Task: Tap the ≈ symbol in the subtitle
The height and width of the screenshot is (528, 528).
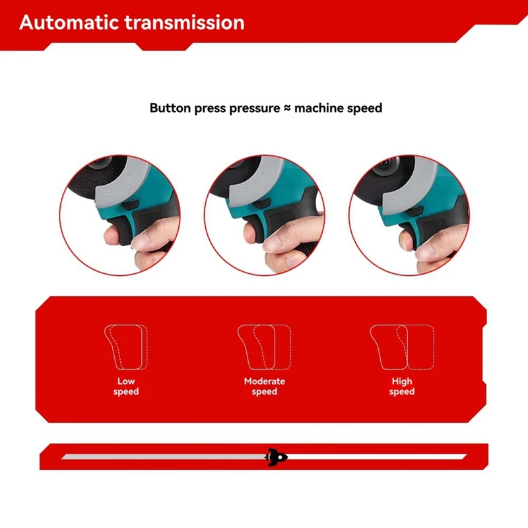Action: [x=286, y=108]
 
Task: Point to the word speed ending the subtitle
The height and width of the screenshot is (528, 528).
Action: [x=364, y=108]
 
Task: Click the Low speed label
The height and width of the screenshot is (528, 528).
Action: [x=126, y=386]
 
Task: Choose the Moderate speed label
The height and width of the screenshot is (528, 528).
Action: [x=264, y=386]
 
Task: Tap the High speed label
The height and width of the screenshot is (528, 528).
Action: [x=401, y=386]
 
